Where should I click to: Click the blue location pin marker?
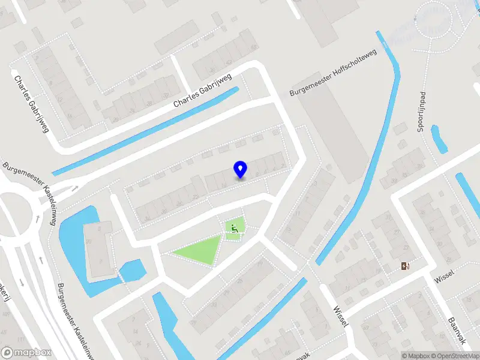click(241, 170)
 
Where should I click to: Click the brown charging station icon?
click(406, 266)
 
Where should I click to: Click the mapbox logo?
click(26, 353)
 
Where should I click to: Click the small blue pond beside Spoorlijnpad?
click(439, 139)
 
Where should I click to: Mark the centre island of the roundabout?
click(13, 215)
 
